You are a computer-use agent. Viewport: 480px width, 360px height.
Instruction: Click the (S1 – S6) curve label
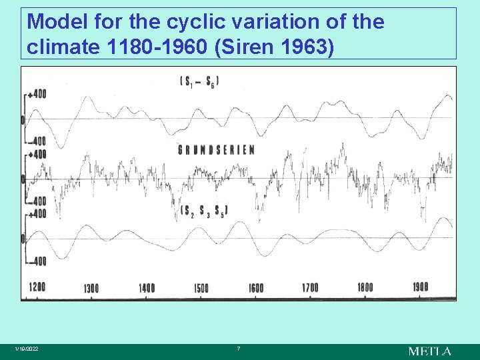199,81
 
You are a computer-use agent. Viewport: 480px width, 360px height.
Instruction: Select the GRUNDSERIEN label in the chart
216,150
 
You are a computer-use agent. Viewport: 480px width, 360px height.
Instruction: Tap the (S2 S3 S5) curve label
204,211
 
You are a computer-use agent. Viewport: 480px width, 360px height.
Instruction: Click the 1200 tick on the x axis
37,287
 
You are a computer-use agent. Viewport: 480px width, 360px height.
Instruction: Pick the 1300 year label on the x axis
91,288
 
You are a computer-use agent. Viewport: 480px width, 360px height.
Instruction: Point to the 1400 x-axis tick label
147,288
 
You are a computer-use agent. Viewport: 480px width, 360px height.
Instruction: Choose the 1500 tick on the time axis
201,288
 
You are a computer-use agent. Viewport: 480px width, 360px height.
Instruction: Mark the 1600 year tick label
255,288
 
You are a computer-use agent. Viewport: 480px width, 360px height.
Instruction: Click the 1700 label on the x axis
310,288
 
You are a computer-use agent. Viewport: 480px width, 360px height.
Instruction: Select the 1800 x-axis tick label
365,288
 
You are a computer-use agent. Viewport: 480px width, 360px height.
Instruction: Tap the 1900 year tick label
420,287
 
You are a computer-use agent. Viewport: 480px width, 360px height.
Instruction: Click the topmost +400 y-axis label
37,95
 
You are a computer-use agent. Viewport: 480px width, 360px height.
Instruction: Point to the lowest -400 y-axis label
37,261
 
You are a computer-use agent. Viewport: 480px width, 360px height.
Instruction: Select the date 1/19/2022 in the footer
27,349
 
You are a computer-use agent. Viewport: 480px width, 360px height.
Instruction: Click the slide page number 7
239,349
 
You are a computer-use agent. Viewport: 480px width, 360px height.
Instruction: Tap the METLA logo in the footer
429,351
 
